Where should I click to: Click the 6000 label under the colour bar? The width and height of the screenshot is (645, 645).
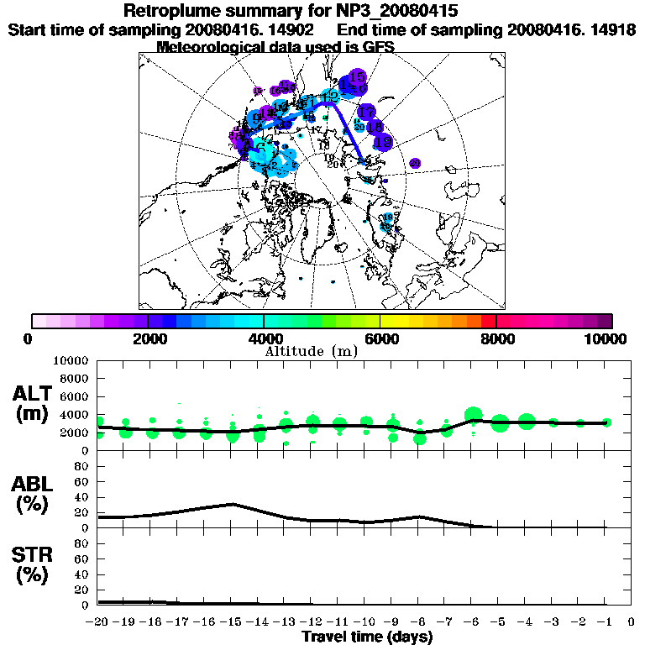[380, 339]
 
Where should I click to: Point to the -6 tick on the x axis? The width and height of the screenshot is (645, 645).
[473, 622]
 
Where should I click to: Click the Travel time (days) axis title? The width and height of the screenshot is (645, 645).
[367, 637]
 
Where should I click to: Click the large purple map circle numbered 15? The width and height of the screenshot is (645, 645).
[356, 77]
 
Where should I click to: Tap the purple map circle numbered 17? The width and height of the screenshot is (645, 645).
[366, 112]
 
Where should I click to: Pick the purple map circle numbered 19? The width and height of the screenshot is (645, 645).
[382, 143]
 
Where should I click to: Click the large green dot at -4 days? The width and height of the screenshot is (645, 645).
[527, 422]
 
